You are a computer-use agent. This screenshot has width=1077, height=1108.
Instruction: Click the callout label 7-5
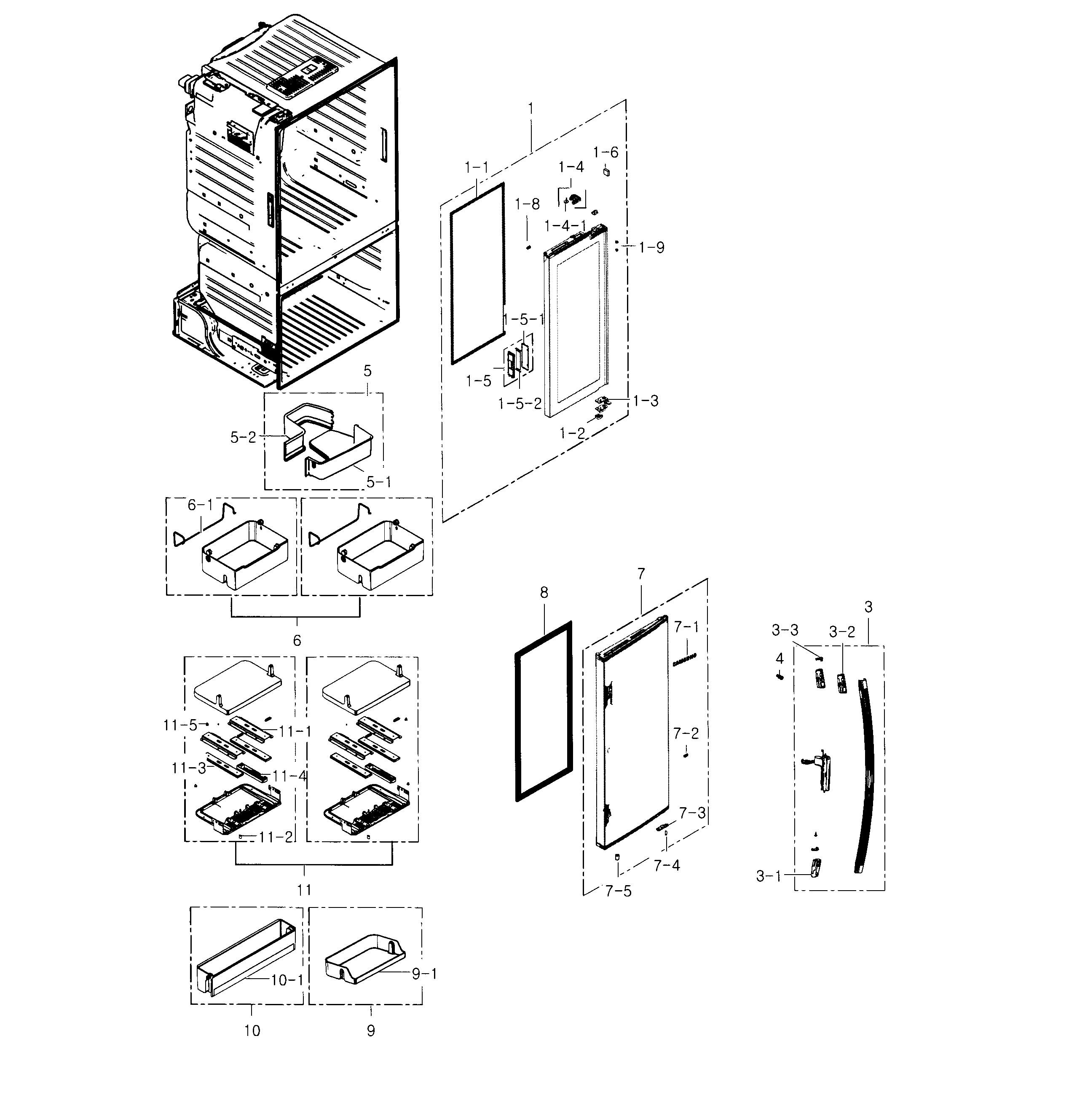(618, 892)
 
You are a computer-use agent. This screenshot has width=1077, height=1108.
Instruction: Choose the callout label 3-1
(768, 876)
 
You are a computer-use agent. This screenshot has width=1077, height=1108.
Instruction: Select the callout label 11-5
(180, 725)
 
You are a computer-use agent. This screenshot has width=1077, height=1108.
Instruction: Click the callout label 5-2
(243, 437)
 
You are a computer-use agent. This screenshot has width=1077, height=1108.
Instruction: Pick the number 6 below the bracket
(296, 641)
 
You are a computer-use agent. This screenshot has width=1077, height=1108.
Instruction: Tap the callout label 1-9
(651, 247)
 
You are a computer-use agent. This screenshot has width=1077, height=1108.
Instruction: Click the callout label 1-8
(527, 204)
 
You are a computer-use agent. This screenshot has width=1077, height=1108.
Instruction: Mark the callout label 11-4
(289, 776)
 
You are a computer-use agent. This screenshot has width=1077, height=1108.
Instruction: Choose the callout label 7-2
(686, 733)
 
